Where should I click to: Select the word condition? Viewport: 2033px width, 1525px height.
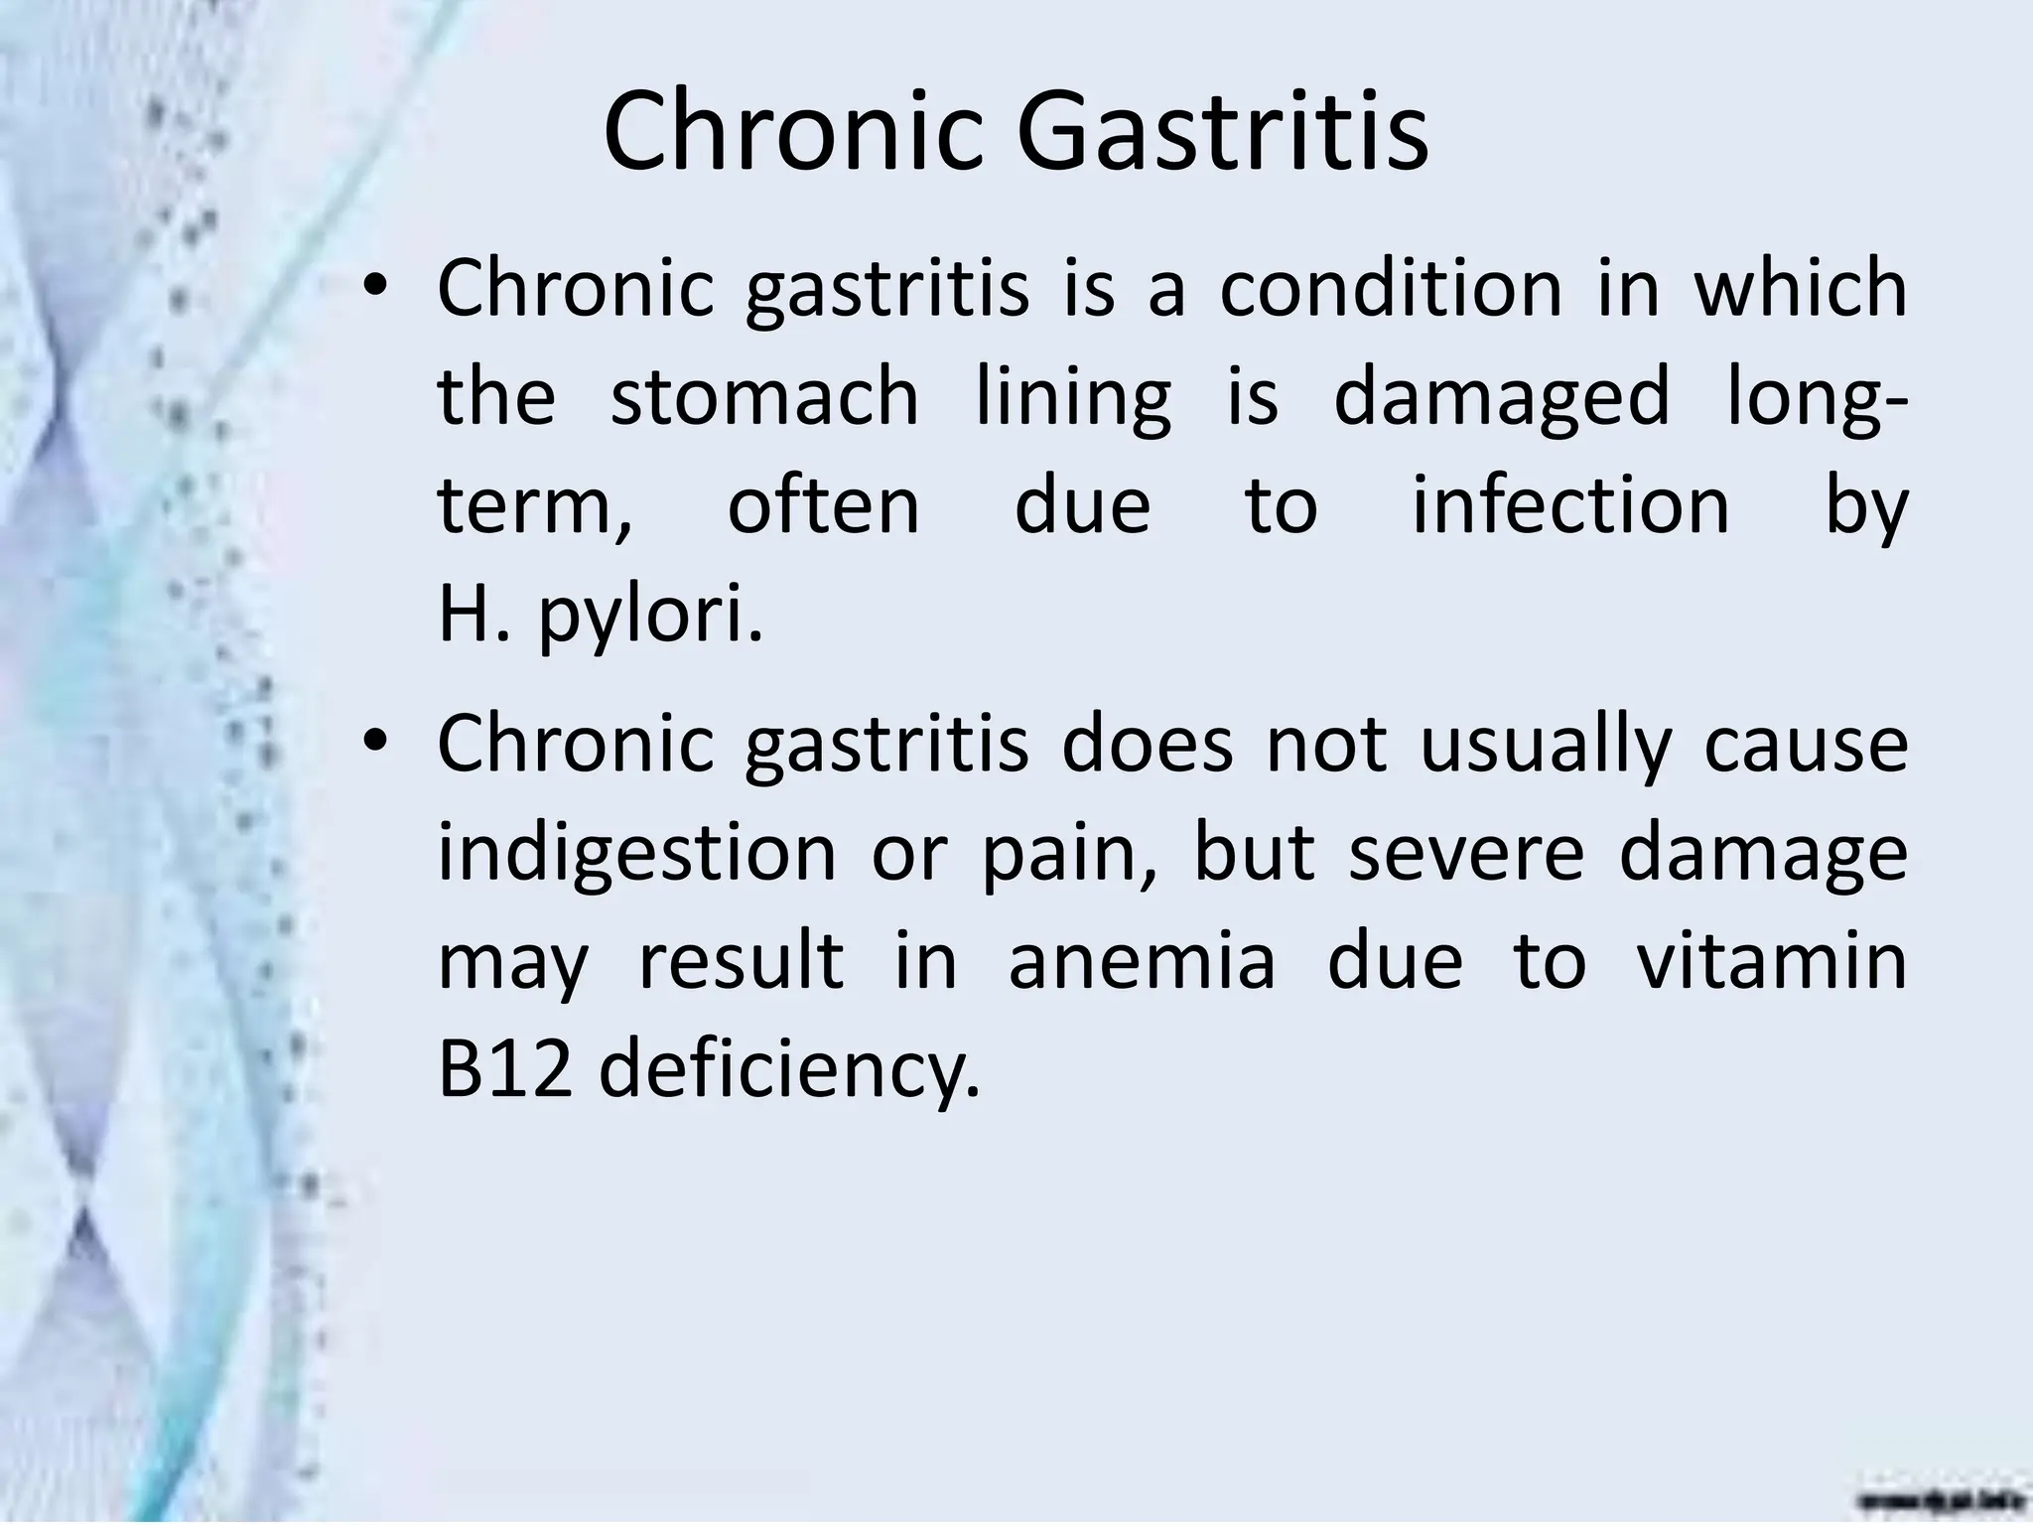pyautogui.click(x=1390, y=288)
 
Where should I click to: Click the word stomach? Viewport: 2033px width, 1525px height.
pyautogui.click(x=764, y=397)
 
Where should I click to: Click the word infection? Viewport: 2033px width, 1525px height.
pyautogui.click(x=1570, y=506)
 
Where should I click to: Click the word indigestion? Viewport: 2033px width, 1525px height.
pyautogui.click(x=637, y=856)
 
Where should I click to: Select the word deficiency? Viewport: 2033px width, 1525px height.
pyautogui.click(x=789, y=1072)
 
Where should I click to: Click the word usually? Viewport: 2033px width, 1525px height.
pyautogui.click(x=1546, y=747)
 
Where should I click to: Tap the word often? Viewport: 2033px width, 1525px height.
pyautogui.click(x=824, y=506)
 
